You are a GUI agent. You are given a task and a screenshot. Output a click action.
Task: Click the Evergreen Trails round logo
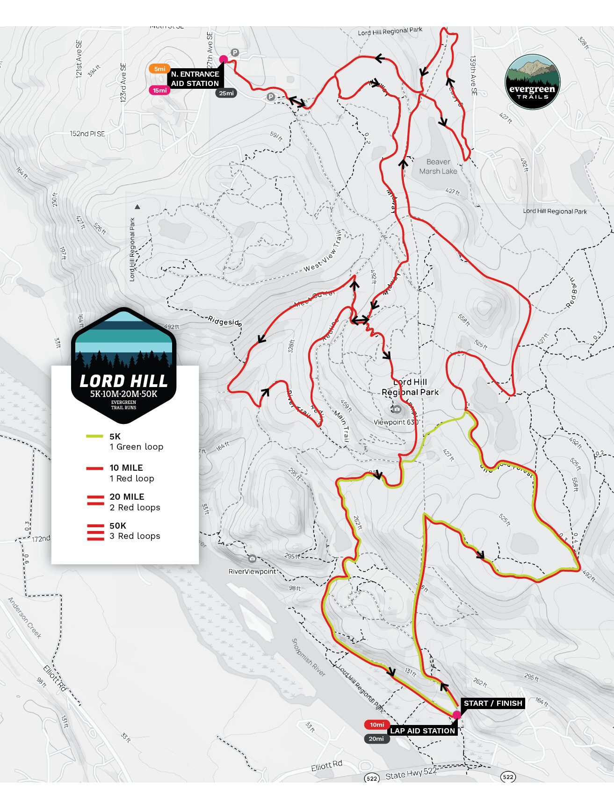tap(532, 82)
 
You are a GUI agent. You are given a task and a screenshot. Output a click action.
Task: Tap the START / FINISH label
tap(492, 703)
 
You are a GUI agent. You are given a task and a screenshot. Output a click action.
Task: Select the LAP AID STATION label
tap(422, 731)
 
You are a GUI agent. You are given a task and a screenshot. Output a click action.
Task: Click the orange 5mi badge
tap(159, 69)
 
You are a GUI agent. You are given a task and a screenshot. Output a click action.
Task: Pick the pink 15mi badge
tap(159, 90)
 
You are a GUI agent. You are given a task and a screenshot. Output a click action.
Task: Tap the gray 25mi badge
tap(226, 93)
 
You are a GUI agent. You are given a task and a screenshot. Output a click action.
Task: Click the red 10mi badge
tap(376, 724)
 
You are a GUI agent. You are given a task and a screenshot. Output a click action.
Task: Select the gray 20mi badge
tap(376, 739)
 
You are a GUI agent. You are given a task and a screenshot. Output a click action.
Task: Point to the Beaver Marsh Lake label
tap(438, 166)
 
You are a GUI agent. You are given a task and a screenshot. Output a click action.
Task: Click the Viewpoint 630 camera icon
tap(397, 409)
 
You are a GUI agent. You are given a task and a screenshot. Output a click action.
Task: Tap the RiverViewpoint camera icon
tap(252, 559)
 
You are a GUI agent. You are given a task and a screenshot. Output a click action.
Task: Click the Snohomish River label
tap(308, 657)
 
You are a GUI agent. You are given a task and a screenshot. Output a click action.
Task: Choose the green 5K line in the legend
tap(94, 437)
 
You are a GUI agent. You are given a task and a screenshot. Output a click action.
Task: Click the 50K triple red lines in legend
tap(95, 532)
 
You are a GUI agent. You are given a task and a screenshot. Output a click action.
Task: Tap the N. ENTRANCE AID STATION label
tap(195, 79)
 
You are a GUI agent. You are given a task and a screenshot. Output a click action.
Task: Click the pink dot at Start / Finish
tap(457, 715)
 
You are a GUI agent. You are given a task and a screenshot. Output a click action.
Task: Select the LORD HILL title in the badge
tap(123, 381)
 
